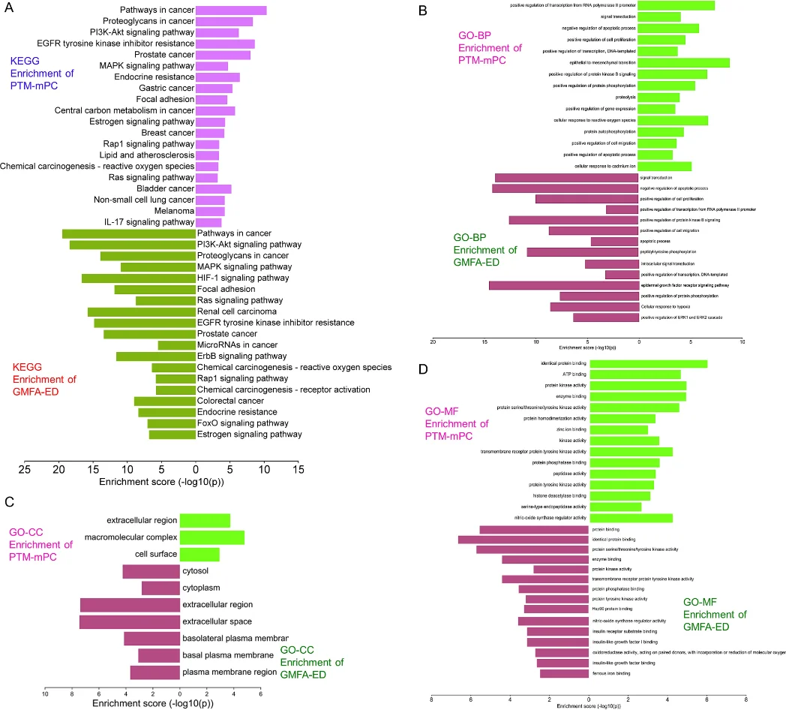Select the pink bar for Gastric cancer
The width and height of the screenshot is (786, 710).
tap(214, 89)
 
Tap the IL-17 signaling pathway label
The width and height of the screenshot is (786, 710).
tap(149, 222)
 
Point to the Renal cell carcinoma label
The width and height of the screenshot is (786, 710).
tap(237, 311)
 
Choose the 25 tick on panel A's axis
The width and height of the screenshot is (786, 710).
tap(25, 469)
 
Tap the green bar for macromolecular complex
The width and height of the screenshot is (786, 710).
tap(212, 537)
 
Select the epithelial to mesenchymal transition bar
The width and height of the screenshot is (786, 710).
tap(684, 62)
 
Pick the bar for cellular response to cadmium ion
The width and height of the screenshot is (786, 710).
tap(664, 166)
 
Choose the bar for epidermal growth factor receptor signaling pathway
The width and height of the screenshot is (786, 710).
tap(563, 285)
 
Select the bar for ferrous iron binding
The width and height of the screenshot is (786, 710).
tap(564, 673)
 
